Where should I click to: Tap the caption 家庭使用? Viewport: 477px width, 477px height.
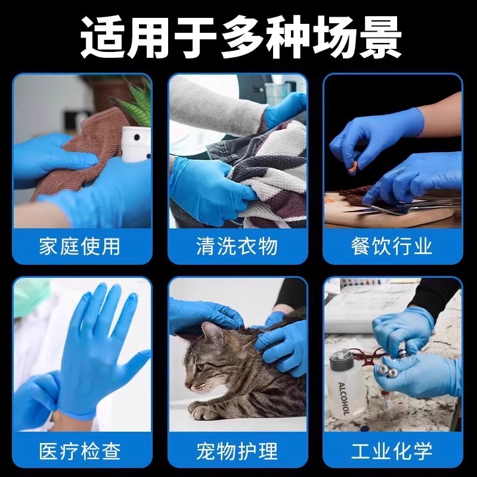pos(80,246)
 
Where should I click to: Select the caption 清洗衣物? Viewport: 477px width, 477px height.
pos(237,246)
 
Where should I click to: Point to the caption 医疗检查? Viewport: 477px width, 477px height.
pos(80,450)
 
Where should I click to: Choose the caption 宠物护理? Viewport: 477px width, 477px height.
pos(237,450)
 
